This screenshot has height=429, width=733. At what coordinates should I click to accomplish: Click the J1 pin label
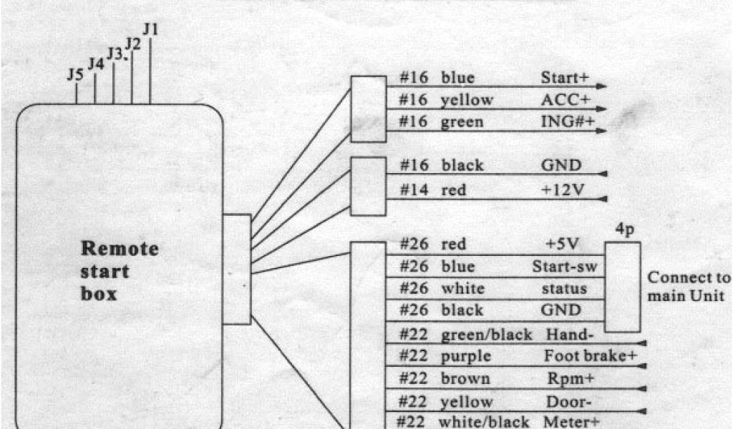(x=150, y=29)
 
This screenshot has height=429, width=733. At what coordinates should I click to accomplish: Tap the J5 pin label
(x=75, y=74)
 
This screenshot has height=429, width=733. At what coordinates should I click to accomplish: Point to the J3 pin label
(x=115, y=54)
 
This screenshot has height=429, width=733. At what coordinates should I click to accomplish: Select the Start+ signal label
(x=563, y=77)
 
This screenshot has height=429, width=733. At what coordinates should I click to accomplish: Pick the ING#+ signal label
(x=568, y=122)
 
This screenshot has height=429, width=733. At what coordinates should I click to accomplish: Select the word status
(x=564, y=288)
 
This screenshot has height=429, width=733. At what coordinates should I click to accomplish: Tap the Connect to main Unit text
(x=689, y=287)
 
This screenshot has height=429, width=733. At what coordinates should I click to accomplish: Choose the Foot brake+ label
(x=590, y=355)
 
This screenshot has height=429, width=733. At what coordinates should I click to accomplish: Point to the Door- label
(x=563, y=401)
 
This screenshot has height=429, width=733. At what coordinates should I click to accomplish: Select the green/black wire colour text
(x=486, y=334)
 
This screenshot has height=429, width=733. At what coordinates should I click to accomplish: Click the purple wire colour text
(x=465, y=355)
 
